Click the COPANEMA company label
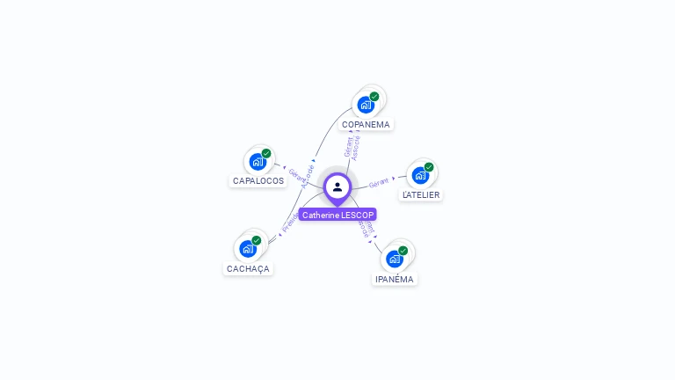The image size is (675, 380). (x=366, y=124)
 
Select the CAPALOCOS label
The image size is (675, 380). (x=258, y=180)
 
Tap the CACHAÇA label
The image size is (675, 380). (x=248, y=268)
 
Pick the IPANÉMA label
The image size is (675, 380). (x=394, y=279)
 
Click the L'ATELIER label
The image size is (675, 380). (x=421, y=194)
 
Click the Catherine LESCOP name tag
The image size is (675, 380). (x=337, y=215)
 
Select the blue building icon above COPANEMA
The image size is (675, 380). (x=365, y=105)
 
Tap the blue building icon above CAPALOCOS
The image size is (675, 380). (x=257, y=161)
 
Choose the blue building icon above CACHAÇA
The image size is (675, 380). (x=247, y=249)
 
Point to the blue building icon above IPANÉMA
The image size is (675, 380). (x=394, y=259)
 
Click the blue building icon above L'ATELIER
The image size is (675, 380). (x=419, y=175)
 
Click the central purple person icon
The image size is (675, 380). (x=337, y=186)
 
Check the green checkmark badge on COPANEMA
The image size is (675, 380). (x=374, y=97)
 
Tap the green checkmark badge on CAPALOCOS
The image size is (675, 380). (x=266, y=153)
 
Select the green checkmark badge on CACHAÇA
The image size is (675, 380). (x=257, y=240)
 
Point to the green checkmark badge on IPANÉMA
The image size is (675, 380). (x=403, y=251)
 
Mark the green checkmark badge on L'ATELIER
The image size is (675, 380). (x=429, y=167)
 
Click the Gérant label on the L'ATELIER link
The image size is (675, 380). (x=379, y=182)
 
